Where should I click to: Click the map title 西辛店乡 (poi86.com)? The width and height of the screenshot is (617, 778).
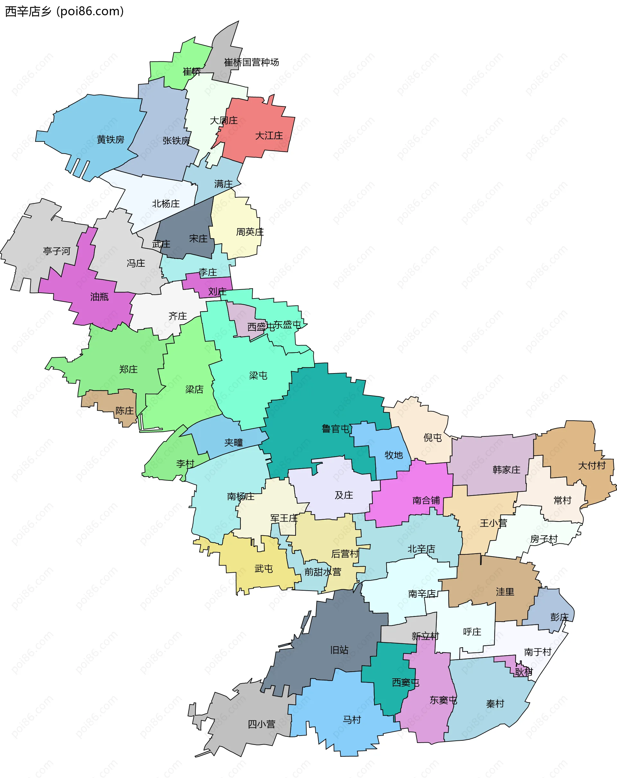click(64, 12)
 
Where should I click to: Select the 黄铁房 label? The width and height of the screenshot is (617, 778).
click(111, 140)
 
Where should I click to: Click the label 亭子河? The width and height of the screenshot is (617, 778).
click(57, 251)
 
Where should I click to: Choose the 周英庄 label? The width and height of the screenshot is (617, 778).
click(250, 232)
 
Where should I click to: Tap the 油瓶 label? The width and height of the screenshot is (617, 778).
click(99, 297)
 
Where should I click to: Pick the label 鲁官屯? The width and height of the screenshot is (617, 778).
click(335, 429)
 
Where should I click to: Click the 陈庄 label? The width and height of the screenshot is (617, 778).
click(124, 411)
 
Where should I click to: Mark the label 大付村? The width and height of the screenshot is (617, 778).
click(592, 466)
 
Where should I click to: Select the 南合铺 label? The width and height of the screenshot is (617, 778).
click(426, 500)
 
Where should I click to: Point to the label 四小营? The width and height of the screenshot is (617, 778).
click(261, 724)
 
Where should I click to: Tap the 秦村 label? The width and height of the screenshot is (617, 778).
click(495, 704)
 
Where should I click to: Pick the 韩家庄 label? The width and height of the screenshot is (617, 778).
click(506, 470)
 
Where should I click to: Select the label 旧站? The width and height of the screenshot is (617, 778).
click(339, 650)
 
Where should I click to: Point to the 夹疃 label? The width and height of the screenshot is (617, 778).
click(233, 443)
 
